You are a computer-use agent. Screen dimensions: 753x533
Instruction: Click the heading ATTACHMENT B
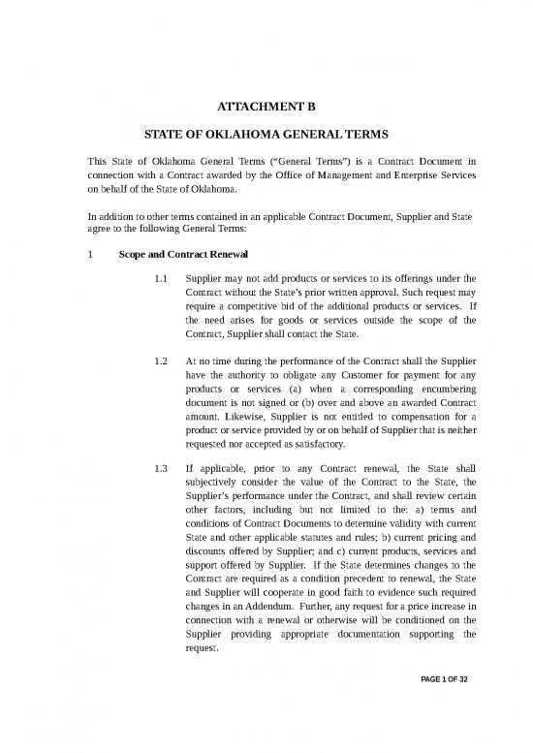[x=266, y=108]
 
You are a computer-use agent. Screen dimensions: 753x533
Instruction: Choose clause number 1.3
[x=163, y=471]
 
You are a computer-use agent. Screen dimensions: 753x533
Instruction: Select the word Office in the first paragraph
[x=273, y=178]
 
